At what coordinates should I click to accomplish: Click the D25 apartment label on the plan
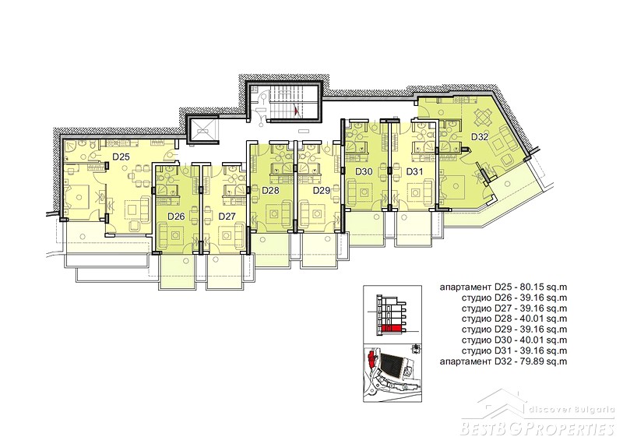[x=121, y=157]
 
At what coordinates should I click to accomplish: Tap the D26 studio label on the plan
[x=176, y=217]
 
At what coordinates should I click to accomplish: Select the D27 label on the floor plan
[x=227, y=217]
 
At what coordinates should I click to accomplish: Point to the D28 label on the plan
[x=270, y=190]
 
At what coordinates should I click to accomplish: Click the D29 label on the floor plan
[x=322, y=190]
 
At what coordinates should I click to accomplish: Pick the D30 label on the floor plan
[x=364, y=171]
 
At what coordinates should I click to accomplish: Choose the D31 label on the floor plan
[x=414, y=171]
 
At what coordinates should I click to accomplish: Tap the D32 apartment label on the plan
[x=480, y=137]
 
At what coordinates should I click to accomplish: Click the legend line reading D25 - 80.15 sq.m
[x=503, y=287]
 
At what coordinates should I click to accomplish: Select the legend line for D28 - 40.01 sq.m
[x=515, y=319]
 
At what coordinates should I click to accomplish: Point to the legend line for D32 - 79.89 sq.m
[x=503, y=361]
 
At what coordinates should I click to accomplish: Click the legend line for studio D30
[x=515, y=340]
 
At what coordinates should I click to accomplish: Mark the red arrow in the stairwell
[x=295, y=110]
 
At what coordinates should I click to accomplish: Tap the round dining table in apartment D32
[x=481, y=118]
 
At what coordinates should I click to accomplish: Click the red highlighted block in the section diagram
[x=392, y=329]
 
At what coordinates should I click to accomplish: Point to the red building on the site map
[x=372, y=360]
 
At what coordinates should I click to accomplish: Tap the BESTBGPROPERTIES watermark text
[x=538, y=429]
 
